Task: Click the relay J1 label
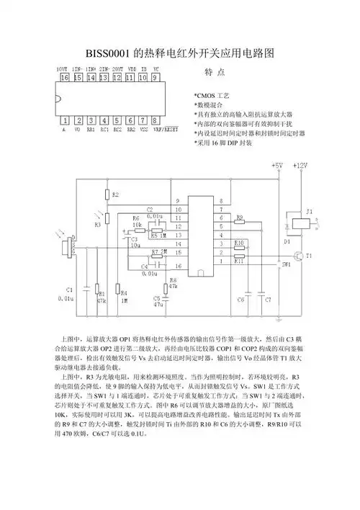pyautogui.click(x=310, y=211)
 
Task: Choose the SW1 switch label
pyautogui.click(x=286, y=265)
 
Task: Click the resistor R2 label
pyautogui.click(x=115, y=195)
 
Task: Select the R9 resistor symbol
pyautogui.click(x=240, y=220)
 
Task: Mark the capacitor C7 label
pyautogui.click(x=267, y=298)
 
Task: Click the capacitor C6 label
pyautogui.click(x=240, y=298)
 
